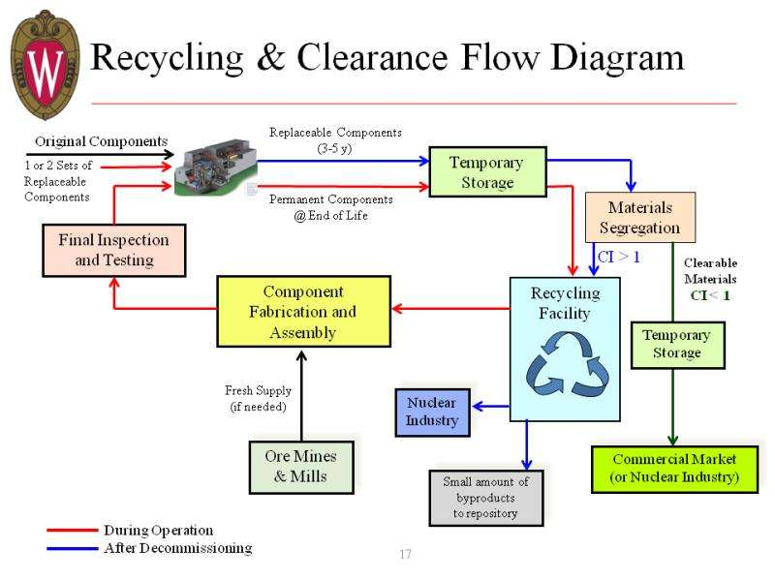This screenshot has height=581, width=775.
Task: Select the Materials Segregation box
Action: coord(640,219)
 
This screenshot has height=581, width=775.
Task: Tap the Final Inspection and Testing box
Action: coord(114,250)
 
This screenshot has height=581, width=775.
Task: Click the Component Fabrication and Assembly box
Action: coord(303,312)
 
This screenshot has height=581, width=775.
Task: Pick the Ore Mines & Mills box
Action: coord(300,466)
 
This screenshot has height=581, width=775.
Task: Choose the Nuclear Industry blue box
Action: coord(432,412)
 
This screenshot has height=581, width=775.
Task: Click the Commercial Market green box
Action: coord(673,469)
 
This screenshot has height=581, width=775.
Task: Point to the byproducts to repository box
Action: coord(485,497)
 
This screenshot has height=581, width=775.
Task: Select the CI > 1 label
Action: coord(619,258)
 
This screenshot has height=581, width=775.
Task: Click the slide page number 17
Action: coord(405,555)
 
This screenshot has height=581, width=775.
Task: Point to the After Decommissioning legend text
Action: coord(177,548)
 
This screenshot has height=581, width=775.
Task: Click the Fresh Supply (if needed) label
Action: coord(258,399)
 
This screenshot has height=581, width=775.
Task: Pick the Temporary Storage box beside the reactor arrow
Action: coord(487,172)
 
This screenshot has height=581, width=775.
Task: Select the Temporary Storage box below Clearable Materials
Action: coord(676,344)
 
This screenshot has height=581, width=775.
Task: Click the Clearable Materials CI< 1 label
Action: coord(710,279)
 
